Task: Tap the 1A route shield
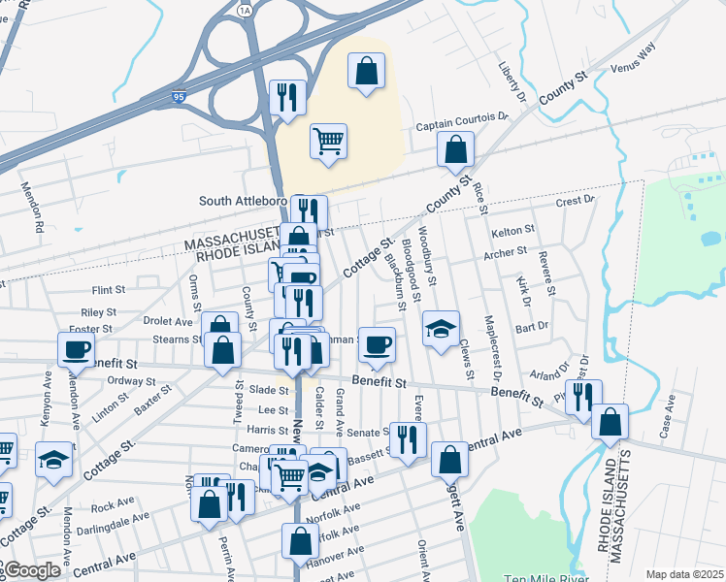coord(245,8)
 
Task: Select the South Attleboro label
coord(243,201)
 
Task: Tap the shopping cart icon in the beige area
coord(329,140)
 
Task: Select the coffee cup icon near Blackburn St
coord(377,342)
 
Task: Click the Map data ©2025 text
coord(684,574)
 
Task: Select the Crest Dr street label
coord(574,201)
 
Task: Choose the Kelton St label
coord(512,231)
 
